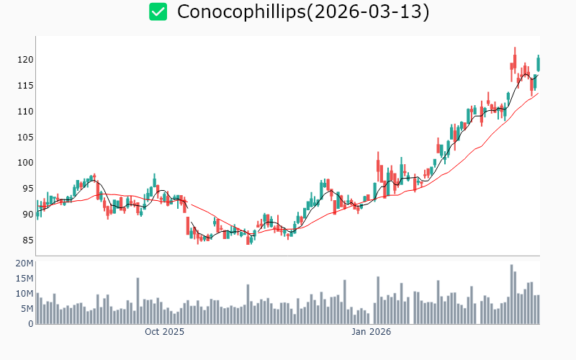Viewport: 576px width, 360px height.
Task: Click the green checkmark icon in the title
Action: [158, 12]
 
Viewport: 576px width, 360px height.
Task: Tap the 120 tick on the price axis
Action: [25, 59]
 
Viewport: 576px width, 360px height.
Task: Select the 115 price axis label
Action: [25, 85]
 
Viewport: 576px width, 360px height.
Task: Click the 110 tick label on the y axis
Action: [25, 111]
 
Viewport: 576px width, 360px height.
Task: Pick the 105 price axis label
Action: [25, 137]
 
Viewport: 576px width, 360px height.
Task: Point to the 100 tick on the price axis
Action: [25, 163]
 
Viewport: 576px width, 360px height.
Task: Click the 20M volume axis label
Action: [24, 264]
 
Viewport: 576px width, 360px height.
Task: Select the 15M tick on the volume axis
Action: [24, 279]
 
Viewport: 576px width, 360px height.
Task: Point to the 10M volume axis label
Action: [24, 294]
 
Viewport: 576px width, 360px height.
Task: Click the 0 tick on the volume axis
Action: [30, 324]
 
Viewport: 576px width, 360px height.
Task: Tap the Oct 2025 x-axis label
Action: [164, 332]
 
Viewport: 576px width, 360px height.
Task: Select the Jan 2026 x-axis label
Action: [371, 332]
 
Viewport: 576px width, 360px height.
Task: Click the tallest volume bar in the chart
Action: [512, 294]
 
